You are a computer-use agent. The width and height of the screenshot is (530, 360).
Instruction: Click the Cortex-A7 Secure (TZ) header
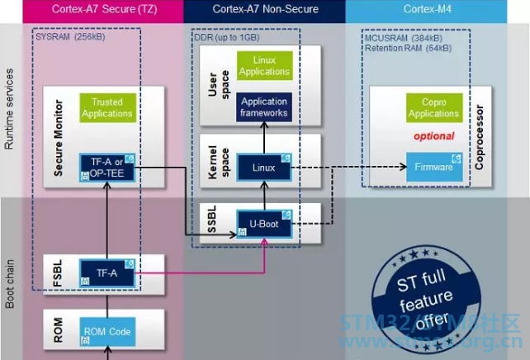(102, 10)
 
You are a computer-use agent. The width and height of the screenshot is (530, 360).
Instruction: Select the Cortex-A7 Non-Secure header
(264, 10)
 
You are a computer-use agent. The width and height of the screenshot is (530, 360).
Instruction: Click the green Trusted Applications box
(106, 107)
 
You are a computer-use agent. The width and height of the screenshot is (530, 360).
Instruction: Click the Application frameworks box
(264, 107)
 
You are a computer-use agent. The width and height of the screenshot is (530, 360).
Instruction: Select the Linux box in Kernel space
(264, 168)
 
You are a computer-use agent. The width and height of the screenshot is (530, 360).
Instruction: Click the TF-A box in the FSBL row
(106, 271)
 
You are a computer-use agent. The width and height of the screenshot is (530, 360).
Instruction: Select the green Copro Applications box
(433, 107)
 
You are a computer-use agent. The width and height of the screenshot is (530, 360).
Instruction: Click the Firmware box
(433, 167)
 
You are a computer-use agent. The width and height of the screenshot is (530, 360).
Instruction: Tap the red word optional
(433, 136)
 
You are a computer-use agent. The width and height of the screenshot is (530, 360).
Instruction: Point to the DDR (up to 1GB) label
(226, 37)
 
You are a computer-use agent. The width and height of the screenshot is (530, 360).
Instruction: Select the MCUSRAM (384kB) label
(403, 37)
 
